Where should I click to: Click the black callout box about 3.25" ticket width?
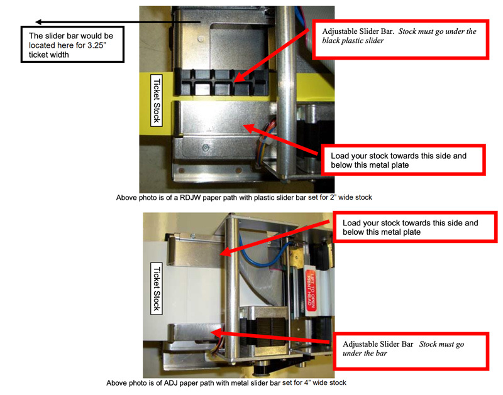coord(71,45)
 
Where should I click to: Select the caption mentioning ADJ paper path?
coord(226,382)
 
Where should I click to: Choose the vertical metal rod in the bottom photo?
coord(233,289)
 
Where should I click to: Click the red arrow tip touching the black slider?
coord(233,80)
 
